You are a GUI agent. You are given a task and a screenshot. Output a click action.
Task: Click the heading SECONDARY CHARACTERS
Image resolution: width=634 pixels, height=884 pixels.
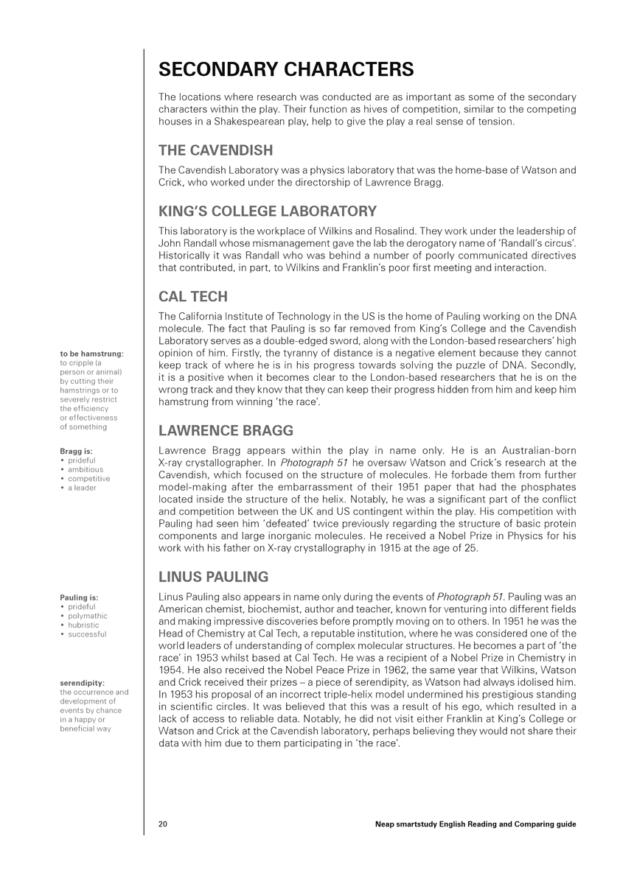click(286, 70)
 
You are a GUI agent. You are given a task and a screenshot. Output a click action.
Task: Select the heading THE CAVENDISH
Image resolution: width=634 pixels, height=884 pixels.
click(216, 150)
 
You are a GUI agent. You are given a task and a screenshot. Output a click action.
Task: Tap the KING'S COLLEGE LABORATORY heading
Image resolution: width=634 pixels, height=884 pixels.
click(268, 211)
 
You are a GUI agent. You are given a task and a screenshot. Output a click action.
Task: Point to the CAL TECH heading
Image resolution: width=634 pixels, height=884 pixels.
click(193, 297)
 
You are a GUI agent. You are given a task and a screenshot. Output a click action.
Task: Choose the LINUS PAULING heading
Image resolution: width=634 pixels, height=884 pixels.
click(214, 576)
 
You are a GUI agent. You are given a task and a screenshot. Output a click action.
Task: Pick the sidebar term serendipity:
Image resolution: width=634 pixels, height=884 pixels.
click(82, 683)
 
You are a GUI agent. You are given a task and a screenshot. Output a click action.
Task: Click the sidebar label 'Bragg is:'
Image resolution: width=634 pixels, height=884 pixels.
click(77, 451)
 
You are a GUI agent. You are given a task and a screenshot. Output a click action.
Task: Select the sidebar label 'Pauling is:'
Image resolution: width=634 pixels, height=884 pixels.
click(79, 597)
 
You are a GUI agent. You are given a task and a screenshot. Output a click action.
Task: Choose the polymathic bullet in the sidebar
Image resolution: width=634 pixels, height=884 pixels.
click(87, 616)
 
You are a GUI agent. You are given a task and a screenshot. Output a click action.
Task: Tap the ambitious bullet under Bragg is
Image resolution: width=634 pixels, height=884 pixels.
click(86, 469)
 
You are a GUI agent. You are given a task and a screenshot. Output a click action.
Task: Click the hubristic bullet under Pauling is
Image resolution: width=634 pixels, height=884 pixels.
click(83, 625)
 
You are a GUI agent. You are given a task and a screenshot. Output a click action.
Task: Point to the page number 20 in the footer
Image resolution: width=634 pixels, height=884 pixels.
click(164, 824)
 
